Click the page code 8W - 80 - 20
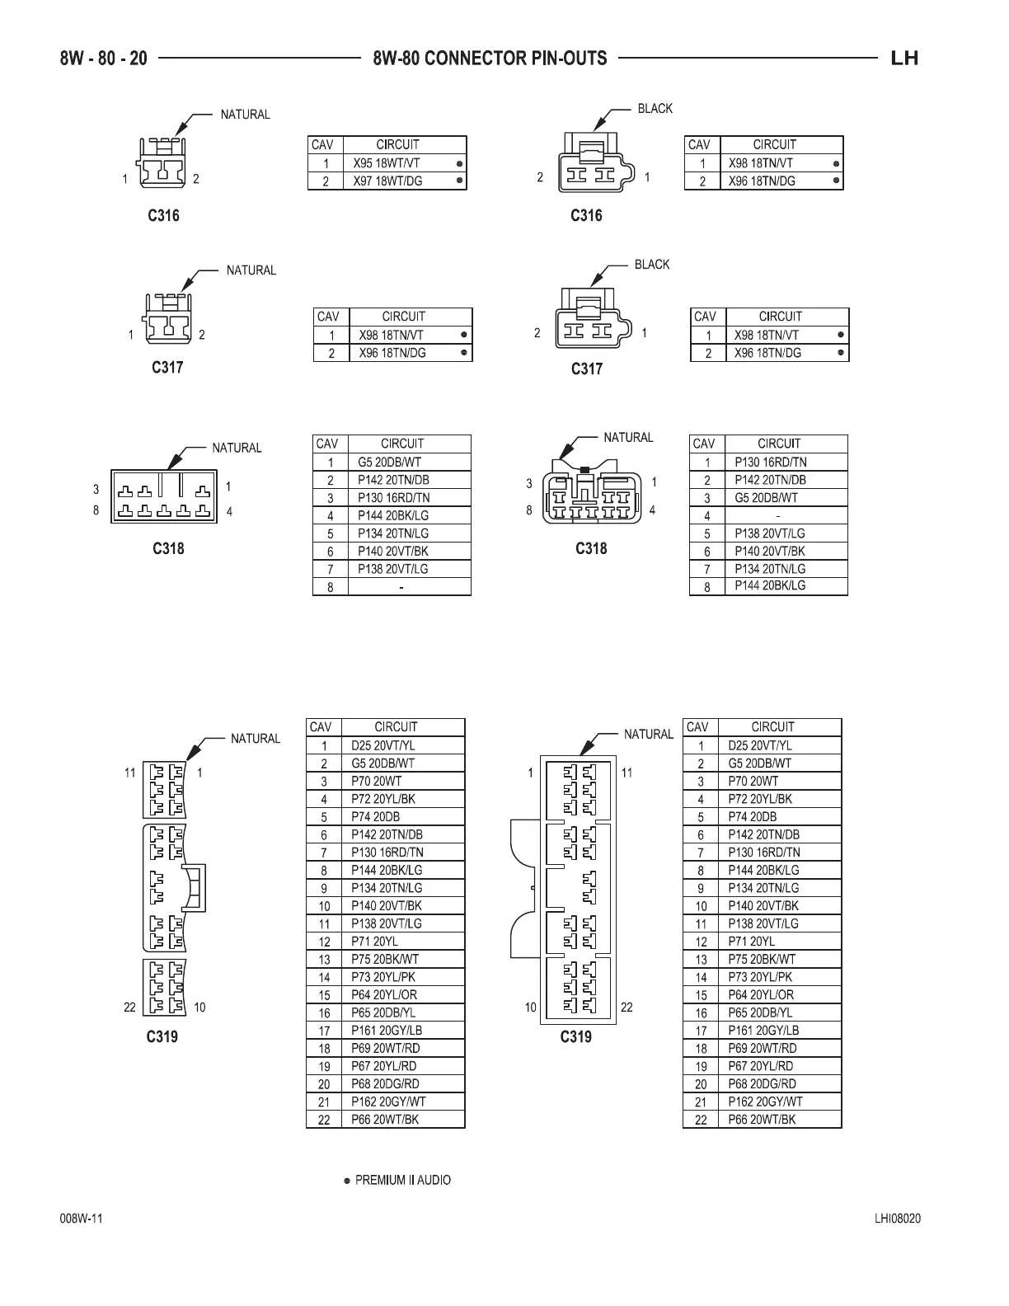[104, 58]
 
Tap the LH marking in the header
[904, 58]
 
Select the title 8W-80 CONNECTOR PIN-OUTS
[490, 58]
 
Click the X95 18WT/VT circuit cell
[387, 163]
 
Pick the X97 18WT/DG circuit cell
[387, 181]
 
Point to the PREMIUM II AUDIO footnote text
[402, 1180]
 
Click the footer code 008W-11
[81, 1219]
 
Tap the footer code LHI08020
[898, 1219]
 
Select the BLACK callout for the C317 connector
[651, 265]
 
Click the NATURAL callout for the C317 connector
[251, 270]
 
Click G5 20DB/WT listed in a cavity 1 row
[389, 463]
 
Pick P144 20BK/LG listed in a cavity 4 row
[393, 515]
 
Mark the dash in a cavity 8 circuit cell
[401, 588]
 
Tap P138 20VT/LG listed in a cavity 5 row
[770, 533]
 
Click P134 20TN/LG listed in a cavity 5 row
[393, 533]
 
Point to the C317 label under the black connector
[587, 369]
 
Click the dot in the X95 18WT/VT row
[459, 163]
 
